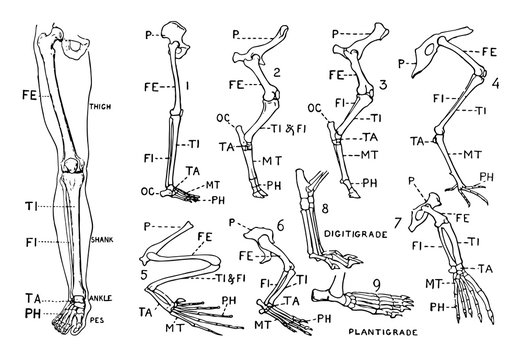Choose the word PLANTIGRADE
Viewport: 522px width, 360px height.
click(383, 328)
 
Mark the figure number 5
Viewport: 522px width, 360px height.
click(147, 273)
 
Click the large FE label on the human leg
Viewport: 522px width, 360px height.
click(33, 98)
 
